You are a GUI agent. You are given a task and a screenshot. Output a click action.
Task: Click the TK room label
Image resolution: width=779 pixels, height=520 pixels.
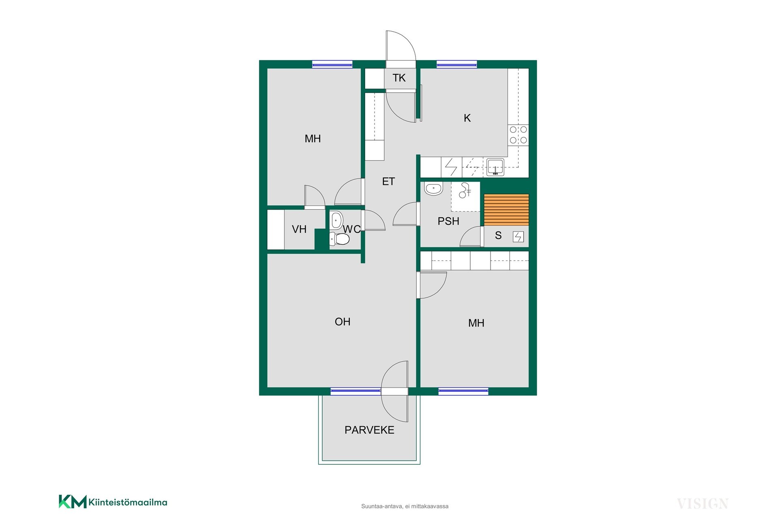[399, 78]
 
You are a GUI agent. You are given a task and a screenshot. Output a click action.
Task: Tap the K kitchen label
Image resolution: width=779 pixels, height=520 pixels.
[467, 118]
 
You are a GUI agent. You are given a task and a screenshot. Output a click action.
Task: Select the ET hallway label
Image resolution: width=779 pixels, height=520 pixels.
[388, 181]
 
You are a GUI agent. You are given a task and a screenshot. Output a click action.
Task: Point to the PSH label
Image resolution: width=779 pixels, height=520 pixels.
[448, 221]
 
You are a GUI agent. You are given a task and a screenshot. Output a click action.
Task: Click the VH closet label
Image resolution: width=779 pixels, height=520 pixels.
[299, 229]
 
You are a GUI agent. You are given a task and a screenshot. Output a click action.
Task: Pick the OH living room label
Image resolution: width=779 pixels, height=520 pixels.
[342, 322]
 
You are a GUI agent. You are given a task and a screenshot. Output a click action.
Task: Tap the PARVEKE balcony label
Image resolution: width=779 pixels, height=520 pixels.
[369, 430]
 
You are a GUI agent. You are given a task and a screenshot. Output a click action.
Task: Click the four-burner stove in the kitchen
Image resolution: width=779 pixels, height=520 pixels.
[519, 135]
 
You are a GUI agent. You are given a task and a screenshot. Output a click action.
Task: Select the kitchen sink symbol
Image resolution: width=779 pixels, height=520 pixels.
[495, 167]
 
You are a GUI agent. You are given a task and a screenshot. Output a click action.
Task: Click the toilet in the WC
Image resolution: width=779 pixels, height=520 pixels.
[339, 239]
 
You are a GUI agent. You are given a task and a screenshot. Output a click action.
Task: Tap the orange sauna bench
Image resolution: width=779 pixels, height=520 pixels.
[506, 210]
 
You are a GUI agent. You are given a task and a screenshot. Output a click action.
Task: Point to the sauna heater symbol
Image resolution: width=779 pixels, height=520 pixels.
[518, 236]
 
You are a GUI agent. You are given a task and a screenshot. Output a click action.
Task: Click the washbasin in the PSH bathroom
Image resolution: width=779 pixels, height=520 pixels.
[433, 188]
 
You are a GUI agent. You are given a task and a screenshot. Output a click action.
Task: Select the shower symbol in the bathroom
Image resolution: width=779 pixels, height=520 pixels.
[465, 190]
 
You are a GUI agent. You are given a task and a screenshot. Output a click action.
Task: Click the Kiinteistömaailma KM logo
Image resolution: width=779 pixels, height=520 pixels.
[113, 502]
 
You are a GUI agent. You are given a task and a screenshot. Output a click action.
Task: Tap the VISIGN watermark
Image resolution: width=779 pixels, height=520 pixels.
[703, 504]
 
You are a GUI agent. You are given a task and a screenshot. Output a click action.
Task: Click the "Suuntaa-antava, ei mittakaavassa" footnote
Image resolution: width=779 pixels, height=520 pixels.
[405, 506]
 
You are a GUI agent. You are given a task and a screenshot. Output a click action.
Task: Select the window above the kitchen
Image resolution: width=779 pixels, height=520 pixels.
[456, 64]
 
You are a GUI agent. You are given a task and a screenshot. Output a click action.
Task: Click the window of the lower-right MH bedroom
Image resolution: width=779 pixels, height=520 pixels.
[463, 392]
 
